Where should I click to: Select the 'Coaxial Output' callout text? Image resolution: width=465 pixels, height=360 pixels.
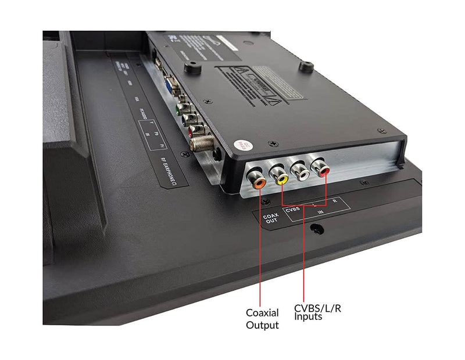(x=262, y=318)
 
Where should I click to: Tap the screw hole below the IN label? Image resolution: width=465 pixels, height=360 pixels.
(x=317, y=231)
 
